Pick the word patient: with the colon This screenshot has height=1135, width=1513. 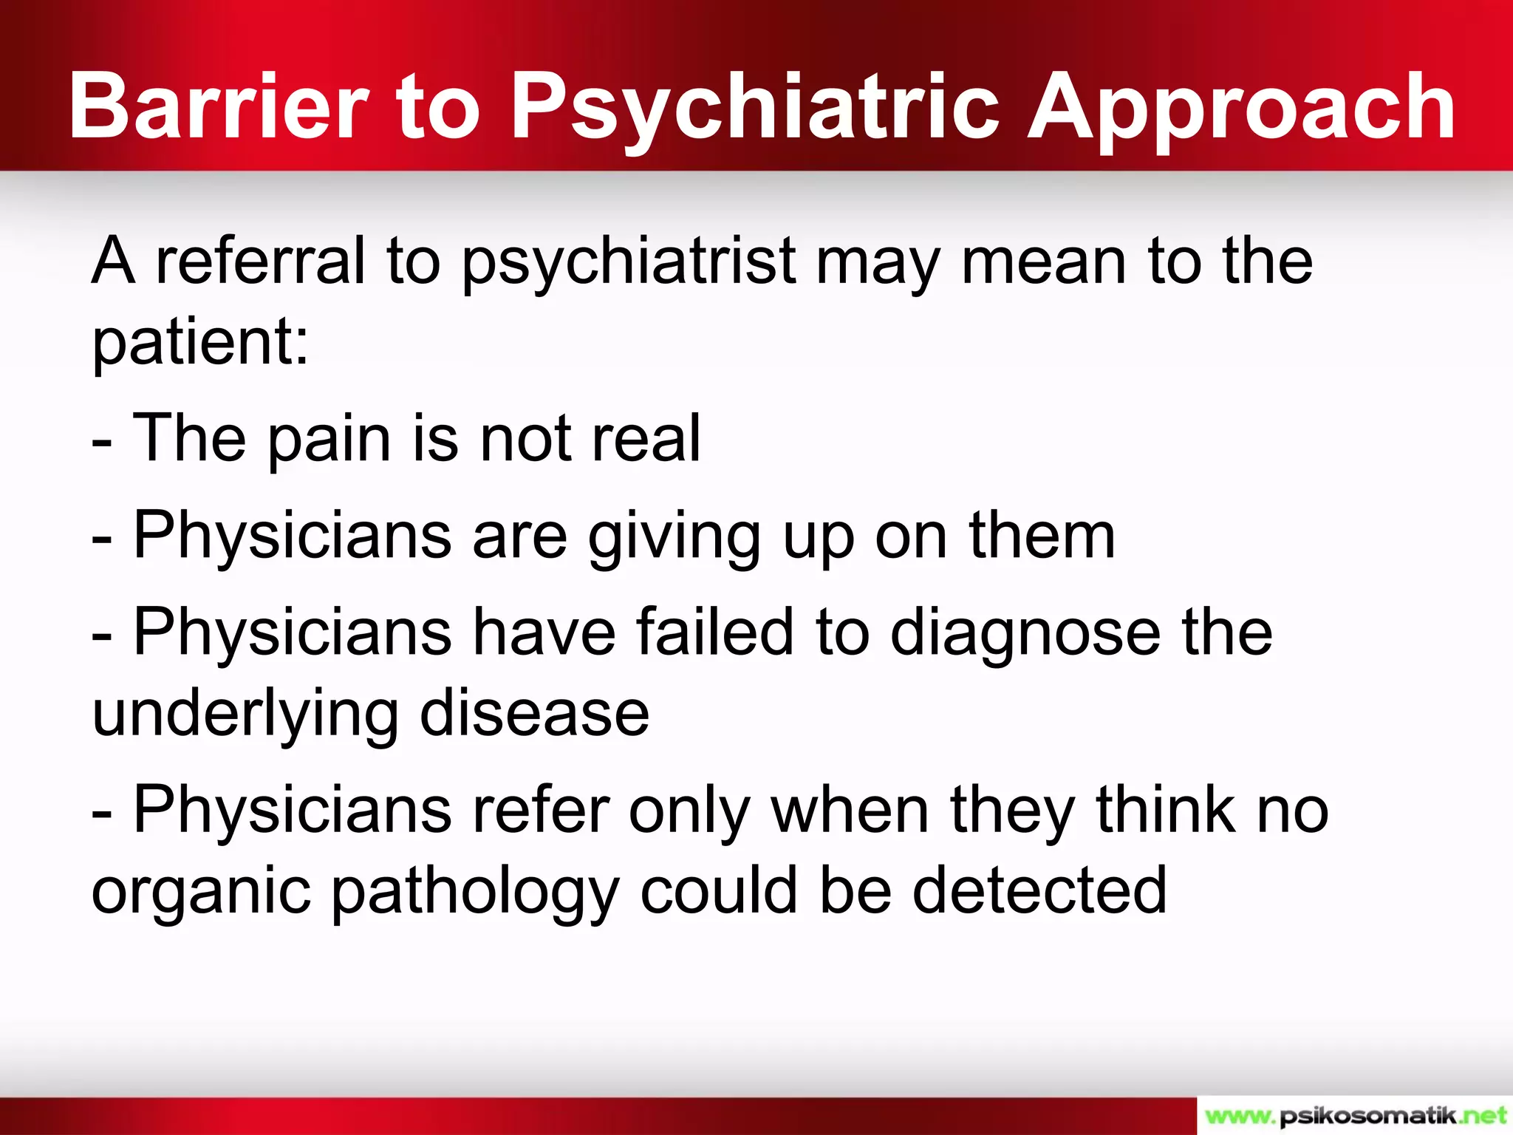(x=200, y=344)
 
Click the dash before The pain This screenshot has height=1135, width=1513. (x=102, y=443)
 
